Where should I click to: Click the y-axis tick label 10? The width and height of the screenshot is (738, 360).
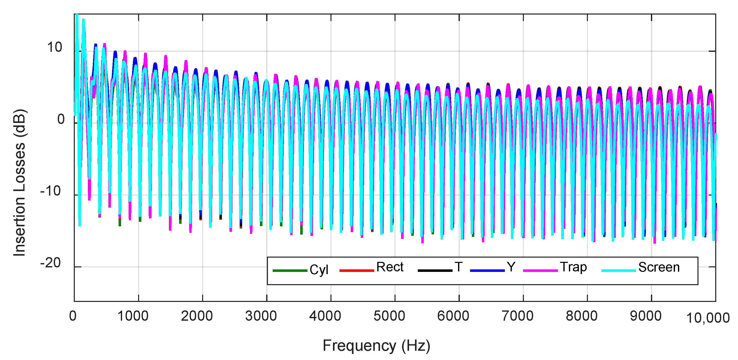tap(55, 47)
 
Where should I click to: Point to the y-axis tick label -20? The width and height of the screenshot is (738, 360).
tap(51, 263)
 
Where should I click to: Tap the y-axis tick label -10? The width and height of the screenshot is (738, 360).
tap(51, 191)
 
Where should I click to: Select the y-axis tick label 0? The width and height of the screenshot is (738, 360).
tap(61, 119)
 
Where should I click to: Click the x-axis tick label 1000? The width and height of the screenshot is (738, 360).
tap(133, 316)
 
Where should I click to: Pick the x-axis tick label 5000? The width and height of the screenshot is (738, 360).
tap(389, 316)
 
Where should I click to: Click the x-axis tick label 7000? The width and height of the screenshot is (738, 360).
tap(517, 316)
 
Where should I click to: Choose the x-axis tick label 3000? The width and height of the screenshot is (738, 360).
tap(261, 316)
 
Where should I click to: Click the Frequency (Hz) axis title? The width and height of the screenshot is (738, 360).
tap(377, 346)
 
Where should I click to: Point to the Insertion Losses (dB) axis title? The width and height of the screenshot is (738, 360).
tap(20, 183)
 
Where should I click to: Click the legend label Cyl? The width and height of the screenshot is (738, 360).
tap(318, 270)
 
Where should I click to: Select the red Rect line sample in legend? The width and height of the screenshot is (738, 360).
tap(356, 271)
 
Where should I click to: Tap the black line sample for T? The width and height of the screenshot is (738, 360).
tap(435, 271)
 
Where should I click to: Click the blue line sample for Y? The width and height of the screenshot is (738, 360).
tap(487, 271)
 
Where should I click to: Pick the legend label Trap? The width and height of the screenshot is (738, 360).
tap(573, 267)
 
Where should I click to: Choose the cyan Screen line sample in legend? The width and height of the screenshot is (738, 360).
tap(618, 271)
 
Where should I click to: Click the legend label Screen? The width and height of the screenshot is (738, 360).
tap(659, 267)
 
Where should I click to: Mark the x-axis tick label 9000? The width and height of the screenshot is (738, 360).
tap(645, 316)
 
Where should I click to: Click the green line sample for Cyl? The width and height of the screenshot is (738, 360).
tap(290, 271)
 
